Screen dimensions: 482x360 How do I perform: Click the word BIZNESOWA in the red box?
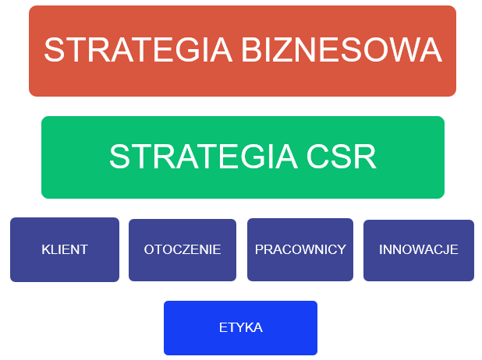tap(342, 50)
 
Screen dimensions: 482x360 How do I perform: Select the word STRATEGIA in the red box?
tap(138, 50)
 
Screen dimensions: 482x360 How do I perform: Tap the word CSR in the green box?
tap(341, 157)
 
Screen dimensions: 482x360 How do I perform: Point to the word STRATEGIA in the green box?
tap(204, 157)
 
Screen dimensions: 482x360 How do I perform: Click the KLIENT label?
tap(65, 249)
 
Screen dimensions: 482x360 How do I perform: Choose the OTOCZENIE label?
tap(183, 249)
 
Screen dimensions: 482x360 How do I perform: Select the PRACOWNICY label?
tap(300, 249)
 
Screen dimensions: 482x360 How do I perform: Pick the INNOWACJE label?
tap(418, 249)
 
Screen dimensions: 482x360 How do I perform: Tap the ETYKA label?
tap(241, 327)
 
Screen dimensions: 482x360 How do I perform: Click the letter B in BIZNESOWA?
tap(252, 50)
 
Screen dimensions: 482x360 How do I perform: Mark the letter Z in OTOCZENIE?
tap(188, 249)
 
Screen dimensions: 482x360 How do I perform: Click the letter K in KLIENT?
tap(47, 249)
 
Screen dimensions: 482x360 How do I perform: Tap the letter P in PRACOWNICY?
tap(259, 249)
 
